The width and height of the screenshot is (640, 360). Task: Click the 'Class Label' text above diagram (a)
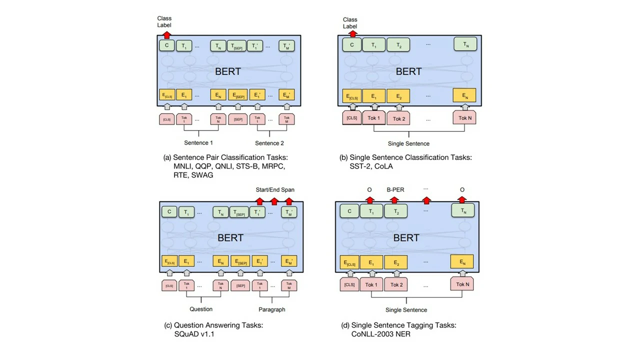pyautogui.click(x=164, y=21)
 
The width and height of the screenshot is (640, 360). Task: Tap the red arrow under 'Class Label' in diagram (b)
pyautogui.click(x=352, y=33)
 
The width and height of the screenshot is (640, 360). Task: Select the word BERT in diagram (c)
pyautogui.click(x=230, y=237)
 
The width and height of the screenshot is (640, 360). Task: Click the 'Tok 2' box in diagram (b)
pyautogui.click(x=398, y=118)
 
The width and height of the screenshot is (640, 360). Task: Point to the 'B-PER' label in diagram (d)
pyautogui.click(x=395, y=189)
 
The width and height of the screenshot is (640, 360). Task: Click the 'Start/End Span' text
pyautogui.click(x=275, y=189)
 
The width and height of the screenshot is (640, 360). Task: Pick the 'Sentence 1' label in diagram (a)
pyautogui.click(x=198, y=143)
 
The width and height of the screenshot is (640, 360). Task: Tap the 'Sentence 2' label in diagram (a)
pyautogui.click(x=269, y=143)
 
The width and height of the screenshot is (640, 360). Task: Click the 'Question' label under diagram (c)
pyautogui.click(x=201, y=309)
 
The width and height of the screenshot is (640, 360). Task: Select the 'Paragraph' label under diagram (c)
pyautogui.click(x=272, y=309)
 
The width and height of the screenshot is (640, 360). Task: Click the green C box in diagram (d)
pyautogui.click(x=349, y=211)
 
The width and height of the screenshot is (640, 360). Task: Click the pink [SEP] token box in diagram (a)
pyautogui.click(x=238, y=119)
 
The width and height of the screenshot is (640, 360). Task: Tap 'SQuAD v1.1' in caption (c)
pyautogui.click(x=194, y=334)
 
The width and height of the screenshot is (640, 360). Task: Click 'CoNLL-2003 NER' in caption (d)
pyautogui.click(x=381, y=334)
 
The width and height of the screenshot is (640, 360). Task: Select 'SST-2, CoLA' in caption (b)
pyautogui.click(x=371, y=166)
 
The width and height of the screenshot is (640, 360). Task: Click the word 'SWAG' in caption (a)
pyautogui.click(x=202, y=175)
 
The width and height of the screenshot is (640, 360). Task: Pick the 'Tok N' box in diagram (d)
pyautogui.click(x=462, y=284)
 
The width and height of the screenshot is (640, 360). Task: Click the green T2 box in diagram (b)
pyautogui.click(x=398, y=45)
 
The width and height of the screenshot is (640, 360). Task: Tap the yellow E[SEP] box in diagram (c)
pyautogui.click(x=240, y=261)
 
